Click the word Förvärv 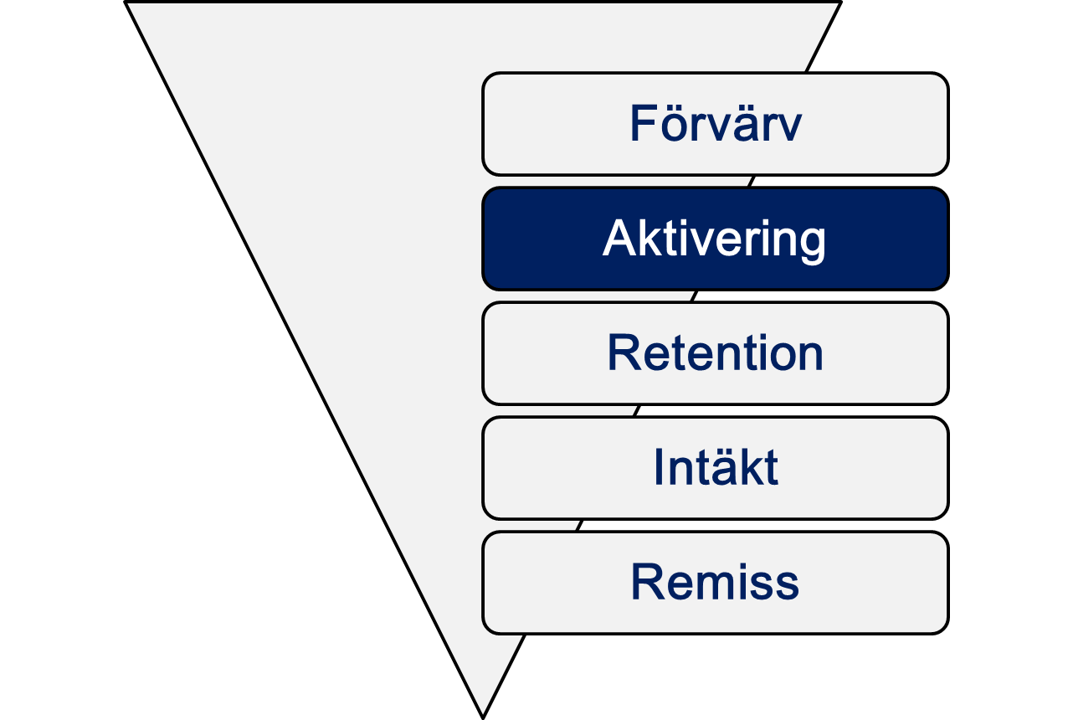[716, 123]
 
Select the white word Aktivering [714, 239]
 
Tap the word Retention [715, 352]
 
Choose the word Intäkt [716, 467]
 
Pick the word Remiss [715, 582]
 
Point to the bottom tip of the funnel [483, 718]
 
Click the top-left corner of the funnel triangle [126, 3]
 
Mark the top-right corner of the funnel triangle [841, 3]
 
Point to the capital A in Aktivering [620, 238]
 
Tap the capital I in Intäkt [658, 467]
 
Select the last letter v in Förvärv [788, 127]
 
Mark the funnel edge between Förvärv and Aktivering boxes [752, 182]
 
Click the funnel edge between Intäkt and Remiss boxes [579, 526]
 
